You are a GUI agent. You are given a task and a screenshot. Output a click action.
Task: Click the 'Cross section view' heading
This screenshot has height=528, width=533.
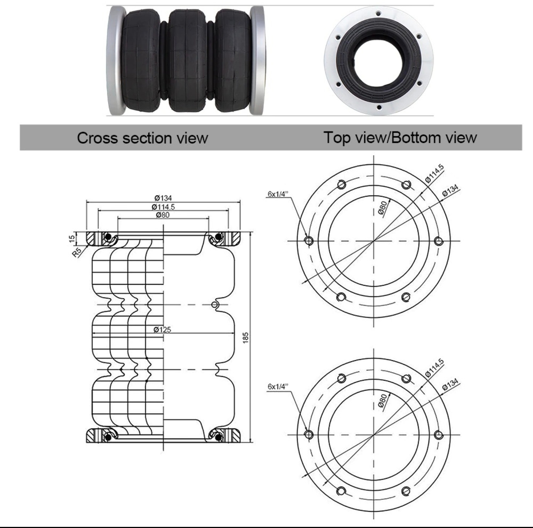pos(143,138)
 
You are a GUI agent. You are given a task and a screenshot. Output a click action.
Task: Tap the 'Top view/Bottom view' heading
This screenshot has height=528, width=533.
pos(400,137)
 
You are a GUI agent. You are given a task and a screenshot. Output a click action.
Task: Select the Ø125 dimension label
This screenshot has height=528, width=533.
pos(162,329)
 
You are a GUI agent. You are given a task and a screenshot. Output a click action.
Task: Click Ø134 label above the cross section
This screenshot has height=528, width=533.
pos(163,198)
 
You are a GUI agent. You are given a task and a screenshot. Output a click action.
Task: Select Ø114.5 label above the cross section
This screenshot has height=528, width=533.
pos(163,207)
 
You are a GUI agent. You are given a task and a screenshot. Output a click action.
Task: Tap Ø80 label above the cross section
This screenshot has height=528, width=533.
pos(163,215)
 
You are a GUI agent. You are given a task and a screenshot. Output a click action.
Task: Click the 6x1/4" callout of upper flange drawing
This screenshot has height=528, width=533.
pos(278,194)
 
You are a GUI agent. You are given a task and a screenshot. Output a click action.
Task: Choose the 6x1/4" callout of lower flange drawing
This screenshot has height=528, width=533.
pos(278,387)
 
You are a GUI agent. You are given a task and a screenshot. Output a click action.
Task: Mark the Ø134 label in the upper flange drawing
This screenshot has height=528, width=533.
pos(450,190)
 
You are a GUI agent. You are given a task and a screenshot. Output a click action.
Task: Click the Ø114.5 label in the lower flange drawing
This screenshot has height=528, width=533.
pos(435,368)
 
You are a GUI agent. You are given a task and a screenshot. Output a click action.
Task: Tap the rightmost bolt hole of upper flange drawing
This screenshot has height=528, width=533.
pos(439,241)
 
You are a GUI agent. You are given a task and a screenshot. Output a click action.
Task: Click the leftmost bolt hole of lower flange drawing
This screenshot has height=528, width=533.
pos(309,434)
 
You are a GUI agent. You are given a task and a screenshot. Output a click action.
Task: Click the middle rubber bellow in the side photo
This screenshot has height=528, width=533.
pos(186,60)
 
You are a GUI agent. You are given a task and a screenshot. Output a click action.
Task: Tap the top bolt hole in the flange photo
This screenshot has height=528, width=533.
pos(378,14)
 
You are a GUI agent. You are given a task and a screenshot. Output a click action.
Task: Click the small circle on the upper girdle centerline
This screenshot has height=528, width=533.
pos(215,304)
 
